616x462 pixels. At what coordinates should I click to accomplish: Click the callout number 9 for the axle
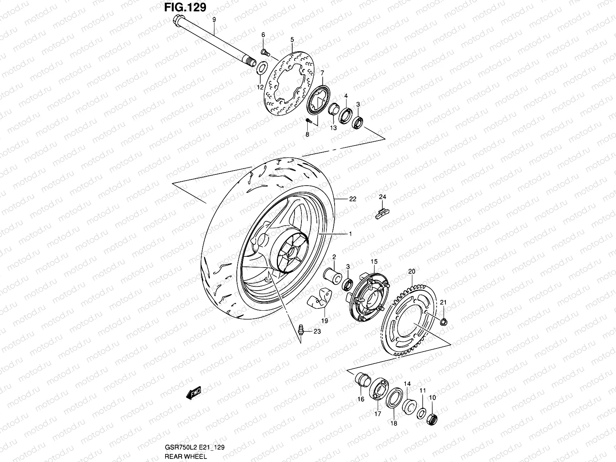click(214, 19)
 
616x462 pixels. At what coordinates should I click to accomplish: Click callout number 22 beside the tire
click(353, 199)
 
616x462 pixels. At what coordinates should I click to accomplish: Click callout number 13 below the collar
click(333, 128)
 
